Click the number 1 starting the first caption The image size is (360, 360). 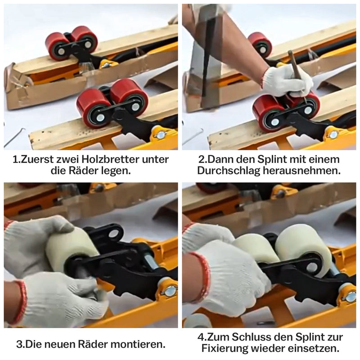(15, 159)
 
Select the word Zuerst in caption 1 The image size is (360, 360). (40, 159)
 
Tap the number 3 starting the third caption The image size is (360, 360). (19, 345)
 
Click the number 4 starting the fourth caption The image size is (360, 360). (200, 337)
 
